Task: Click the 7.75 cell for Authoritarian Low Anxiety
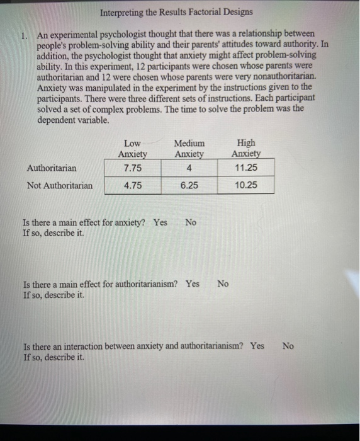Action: [133, 168]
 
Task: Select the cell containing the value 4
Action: [189, 168]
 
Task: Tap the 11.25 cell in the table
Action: [245, 168]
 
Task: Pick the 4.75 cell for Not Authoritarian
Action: [133, 185]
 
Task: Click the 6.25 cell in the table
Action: [189, 185]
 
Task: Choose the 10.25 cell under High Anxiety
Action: [245, 185]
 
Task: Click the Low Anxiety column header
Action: [133, 149]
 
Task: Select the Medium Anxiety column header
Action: [189, 149]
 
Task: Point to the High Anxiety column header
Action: [245, 149]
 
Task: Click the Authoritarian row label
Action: [52, 168]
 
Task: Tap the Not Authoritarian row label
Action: [59, 185]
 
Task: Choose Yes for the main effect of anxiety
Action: [160, 222]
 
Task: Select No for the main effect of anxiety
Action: [191, 222]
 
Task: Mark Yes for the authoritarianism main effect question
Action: [193, 283]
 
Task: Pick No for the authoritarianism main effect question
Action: [223, 283]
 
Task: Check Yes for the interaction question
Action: [257, 346]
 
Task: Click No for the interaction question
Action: [288, 346]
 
